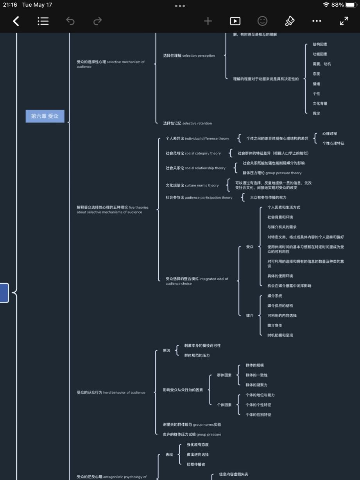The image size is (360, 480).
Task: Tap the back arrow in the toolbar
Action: click(16, 21)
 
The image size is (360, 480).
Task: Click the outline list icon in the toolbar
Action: click(43, 21)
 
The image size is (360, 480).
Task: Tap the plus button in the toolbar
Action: click(208, 21)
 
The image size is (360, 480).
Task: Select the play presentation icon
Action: click(235, 21)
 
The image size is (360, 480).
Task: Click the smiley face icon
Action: click(262, 21)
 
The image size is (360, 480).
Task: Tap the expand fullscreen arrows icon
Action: click(344, 21)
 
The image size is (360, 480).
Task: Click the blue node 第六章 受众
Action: click(45, 116)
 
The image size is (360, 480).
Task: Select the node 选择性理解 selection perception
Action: click(189, 56)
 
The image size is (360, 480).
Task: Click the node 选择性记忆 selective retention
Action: click(187, 123)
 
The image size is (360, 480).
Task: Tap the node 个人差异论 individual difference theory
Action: click(197, 138)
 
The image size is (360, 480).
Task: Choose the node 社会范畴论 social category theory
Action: click(193, 153)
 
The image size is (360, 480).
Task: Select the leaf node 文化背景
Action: click(320, 104)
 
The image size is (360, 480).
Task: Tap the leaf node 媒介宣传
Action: click(275, 325)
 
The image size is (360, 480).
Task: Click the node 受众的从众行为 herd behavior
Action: click(111, 392)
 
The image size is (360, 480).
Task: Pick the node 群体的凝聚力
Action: click(256, 385)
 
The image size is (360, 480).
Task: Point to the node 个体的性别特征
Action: click(258, 415)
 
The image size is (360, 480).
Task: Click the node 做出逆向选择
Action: click(198, 455)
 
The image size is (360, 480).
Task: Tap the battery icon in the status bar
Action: click(351, 5)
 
